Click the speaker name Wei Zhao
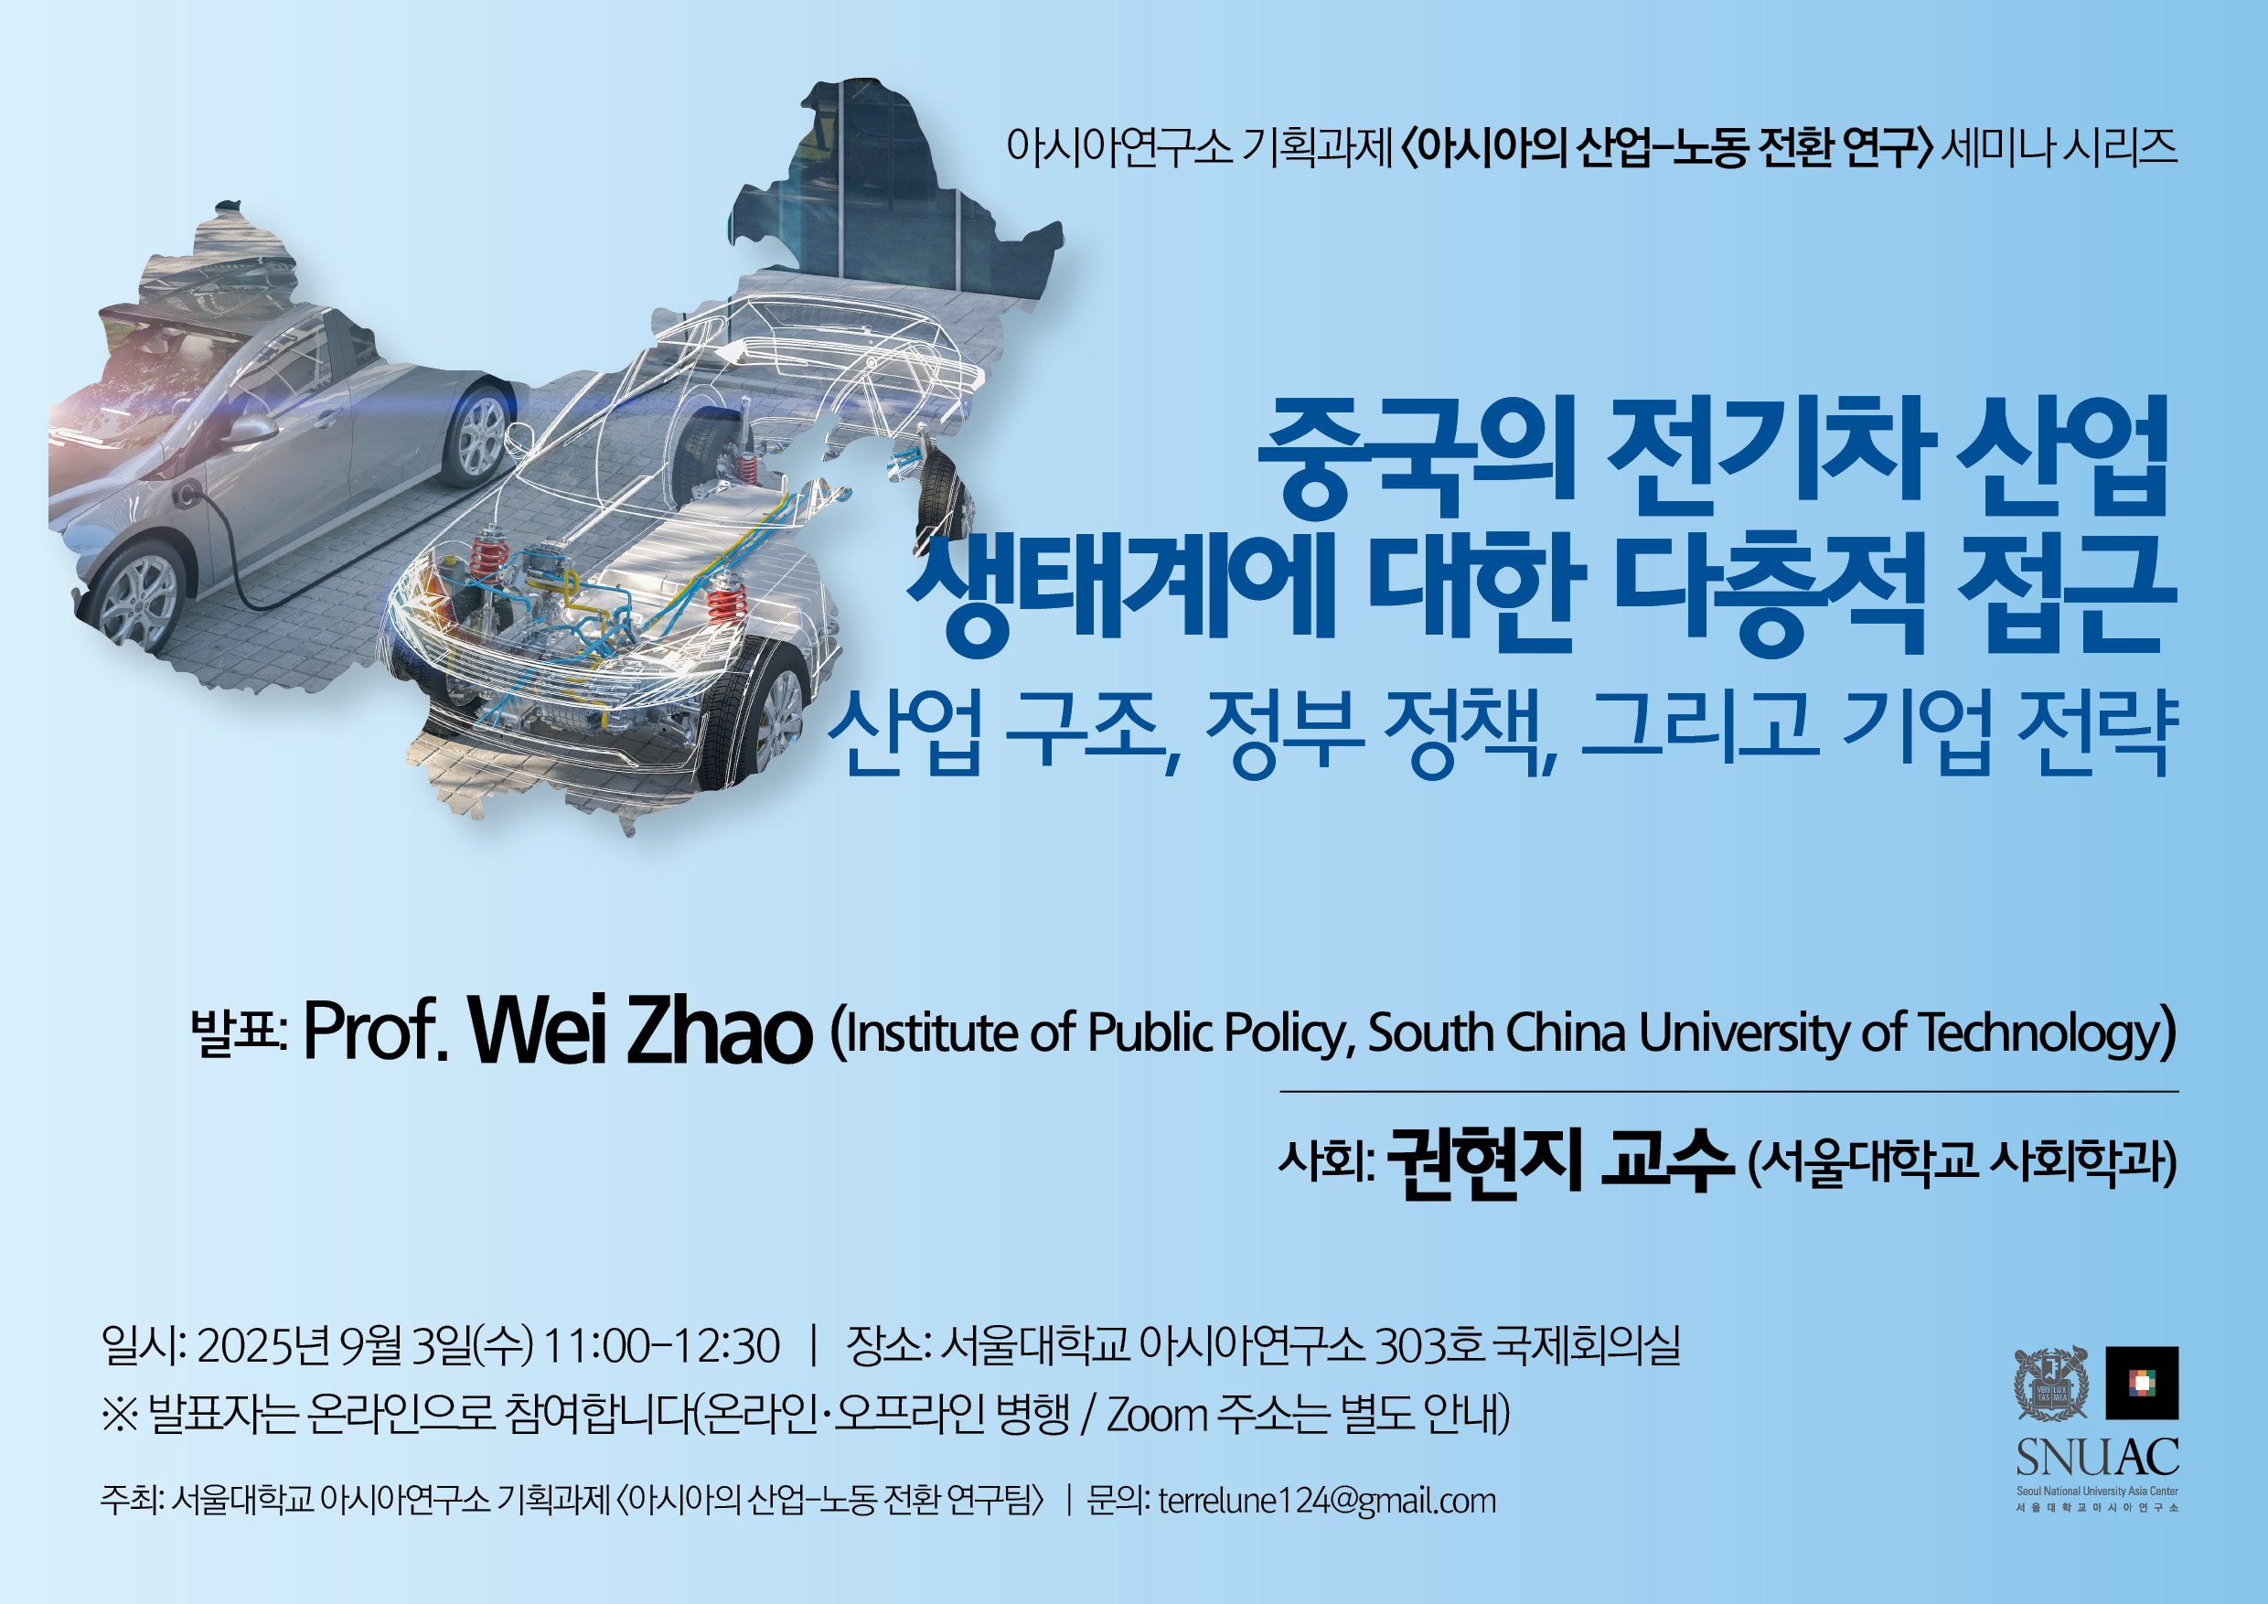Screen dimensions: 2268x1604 pos(640,1030)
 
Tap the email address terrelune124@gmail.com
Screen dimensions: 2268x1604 pos(1327,1502)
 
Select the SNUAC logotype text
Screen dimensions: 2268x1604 pos(2097,1457)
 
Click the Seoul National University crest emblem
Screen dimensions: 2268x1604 pos(2051,1383)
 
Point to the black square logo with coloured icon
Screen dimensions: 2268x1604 pos(2142,1383)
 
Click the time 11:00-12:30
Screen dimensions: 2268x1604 pos(661,1346)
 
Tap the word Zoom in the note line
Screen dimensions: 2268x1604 pos(1157,1416)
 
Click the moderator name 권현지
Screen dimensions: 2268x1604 pos(1486,1162)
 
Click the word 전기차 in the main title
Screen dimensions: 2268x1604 pos(1771,456)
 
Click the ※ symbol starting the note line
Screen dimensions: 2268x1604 pos(120,1416)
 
